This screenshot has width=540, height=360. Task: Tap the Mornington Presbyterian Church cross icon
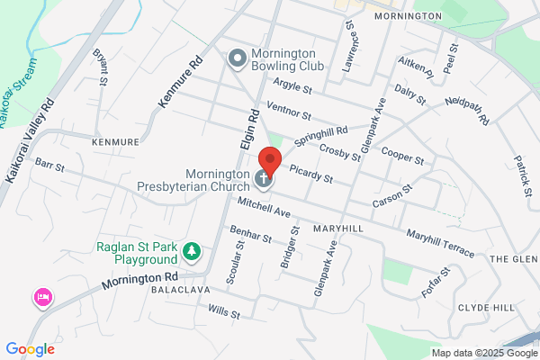click(265, 178)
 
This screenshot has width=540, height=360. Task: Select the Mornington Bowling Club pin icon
click(238, 59)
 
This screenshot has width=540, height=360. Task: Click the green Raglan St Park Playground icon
click(191, 249)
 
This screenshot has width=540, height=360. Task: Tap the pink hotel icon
click(41, 297)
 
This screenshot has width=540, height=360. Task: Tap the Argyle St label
click(294, 90)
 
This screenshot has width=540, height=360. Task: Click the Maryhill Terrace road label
click(439, 243)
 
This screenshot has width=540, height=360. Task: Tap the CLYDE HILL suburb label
click(486, 308)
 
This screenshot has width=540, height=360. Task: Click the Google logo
click(30, 348)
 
